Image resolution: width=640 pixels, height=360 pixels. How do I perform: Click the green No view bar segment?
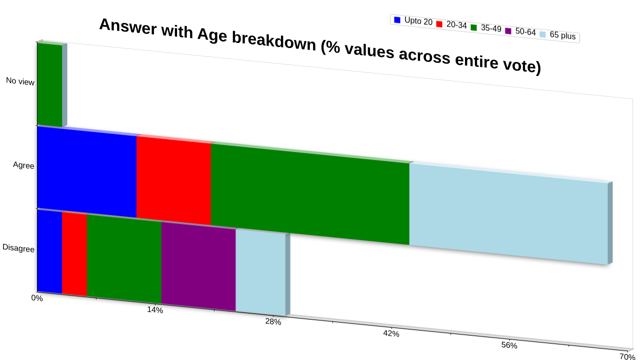click(x=49, y=84)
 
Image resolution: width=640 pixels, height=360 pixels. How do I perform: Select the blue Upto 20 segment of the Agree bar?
click(x=87, y=172)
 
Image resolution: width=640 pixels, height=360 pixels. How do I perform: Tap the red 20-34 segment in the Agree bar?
click(x=173, y=180)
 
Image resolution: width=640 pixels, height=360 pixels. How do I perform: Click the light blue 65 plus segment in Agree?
click(x=508, y=213)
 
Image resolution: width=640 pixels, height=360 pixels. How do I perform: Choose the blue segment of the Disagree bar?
click(x=49, y=251)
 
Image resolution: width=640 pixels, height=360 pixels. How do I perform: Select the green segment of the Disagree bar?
click(x=124, y=259)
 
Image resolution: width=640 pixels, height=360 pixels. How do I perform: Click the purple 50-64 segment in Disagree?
click(x=198, y=267)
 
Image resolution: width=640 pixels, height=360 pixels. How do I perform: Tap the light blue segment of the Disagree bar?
click(x=260, y=273)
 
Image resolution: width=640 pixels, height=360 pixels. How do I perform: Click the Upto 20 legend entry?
click(x=413, y=21)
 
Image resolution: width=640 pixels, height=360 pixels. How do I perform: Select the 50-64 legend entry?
click(x=520, y=31)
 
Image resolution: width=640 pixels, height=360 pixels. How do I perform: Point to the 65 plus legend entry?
click(x=557, y=35)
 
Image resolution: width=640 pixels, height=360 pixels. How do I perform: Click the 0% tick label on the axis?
click(x=37, y=298)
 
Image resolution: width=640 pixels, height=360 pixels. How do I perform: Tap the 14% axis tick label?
click(x=155, y=309)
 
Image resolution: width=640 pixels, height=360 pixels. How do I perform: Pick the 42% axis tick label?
click(x=391, y=333)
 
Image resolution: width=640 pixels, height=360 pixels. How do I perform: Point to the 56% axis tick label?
click(x=509, y=345)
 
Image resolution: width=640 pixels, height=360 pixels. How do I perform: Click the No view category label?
click(x=20, y=81)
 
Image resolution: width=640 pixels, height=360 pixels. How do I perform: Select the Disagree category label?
click(x=18, y=247)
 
